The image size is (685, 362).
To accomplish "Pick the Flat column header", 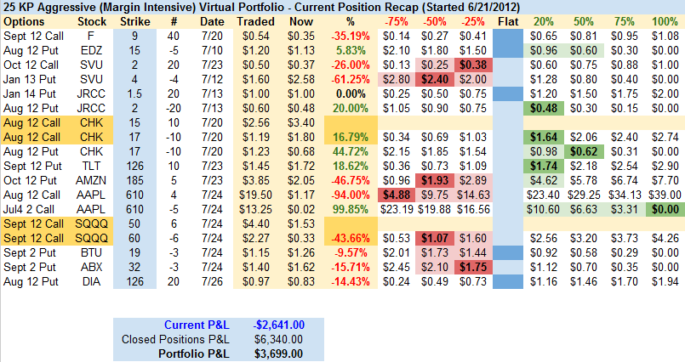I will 508,20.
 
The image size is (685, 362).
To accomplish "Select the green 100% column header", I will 663,20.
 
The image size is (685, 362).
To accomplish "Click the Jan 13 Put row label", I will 27,77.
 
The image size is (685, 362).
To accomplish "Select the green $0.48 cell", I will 544,109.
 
